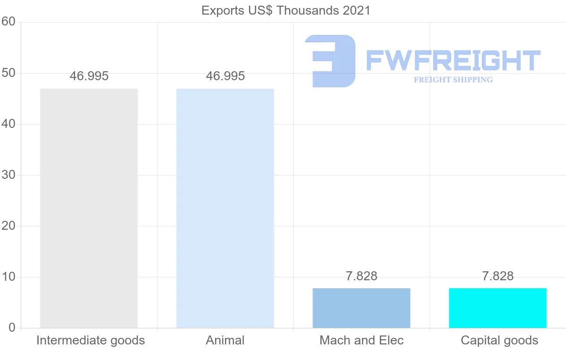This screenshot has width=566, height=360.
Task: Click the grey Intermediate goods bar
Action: (89, 208)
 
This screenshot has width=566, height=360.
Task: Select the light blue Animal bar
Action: (225, 208)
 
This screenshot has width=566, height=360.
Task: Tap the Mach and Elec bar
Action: (361, 308)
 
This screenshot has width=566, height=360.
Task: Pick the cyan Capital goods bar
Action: (498, 308)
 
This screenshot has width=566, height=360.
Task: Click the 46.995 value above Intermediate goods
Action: (89, 76)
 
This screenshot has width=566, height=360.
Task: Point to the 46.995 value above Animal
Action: (225, 76)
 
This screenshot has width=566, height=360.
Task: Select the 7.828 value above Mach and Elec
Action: (361, 276)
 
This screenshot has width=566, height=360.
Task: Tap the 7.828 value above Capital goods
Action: (498, 276)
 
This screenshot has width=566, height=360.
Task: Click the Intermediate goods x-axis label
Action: (91, 340)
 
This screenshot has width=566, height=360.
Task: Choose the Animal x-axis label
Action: (225, 340)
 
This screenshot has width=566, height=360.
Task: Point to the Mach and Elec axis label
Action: (362, 340)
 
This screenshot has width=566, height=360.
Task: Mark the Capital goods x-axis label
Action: (499, 340)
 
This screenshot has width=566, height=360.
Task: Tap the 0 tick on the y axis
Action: (12, 328)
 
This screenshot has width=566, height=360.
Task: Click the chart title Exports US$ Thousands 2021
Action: (286, 10)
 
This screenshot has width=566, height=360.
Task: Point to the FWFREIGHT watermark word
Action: (453, 60)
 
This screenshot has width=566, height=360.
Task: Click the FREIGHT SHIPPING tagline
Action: (453, 80)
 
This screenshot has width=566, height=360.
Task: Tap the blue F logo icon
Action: (331, 61)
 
